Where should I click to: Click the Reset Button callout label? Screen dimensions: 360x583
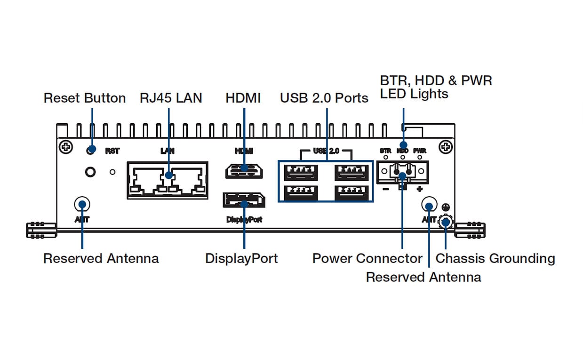point(85,98)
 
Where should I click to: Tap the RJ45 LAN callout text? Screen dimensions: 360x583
point(171,98)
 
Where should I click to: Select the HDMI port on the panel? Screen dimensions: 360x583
point(244,171)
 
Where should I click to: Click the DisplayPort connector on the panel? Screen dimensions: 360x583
point(244,200)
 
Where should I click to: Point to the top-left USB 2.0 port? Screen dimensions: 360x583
point(301,172)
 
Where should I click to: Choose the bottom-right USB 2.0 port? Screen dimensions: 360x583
point(351,193)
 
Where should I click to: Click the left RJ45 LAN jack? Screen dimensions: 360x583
point(148,181)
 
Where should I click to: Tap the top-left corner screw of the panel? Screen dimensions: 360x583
point(66,147)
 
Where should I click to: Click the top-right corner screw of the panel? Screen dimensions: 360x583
point(445,147)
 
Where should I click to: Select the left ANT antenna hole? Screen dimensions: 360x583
point(82,204)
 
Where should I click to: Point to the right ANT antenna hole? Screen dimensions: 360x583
point(429,206)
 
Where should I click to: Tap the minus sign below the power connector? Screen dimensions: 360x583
point(385,189)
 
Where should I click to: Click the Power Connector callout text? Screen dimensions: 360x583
point(367,258)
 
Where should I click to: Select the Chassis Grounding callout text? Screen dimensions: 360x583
point(495,258)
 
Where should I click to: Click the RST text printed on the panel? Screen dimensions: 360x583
point(112,151)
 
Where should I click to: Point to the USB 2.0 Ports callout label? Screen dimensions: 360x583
point(324,98)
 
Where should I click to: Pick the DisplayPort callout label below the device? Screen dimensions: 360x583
point(241,258)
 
